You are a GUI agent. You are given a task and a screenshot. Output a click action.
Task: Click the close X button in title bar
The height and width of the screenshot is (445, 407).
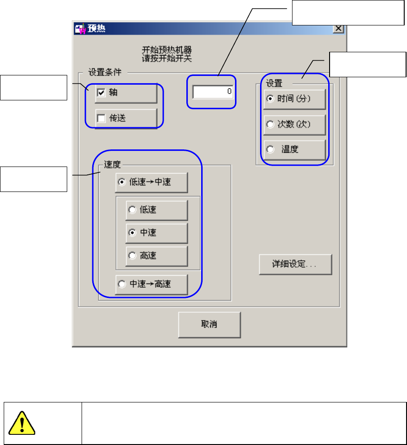tap(338, 28)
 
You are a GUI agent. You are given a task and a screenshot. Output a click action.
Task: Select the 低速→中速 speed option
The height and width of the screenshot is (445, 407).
tap(122, 182)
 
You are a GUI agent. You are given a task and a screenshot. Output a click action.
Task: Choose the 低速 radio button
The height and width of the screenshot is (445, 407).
tap(132, 210)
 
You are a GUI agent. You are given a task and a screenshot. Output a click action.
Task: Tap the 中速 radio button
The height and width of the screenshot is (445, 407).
tap(132, 233)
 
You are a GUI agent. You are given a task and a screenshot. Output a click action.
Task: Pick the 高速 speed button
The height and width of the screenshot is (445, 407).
tap(132, 255)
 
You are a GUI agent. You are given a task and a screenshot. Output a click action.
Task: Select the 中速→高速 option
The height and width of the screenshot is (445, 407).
tap(122, 284)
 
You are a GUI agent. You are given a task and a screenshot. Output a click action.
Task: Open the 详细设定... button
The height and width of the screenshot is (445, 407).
tap(295, 265)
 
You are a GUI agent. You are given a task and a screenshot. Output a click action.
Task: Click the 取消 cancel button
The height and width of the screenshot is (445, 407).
tap(209, 324)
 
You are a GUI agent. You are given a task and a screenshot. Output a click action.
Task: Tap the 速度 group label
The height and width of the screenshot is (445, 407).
tap(109, 164)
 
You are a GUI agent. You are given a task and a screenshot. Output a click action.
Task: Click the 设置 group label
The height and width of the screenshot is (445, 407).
tap(274, 83)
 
